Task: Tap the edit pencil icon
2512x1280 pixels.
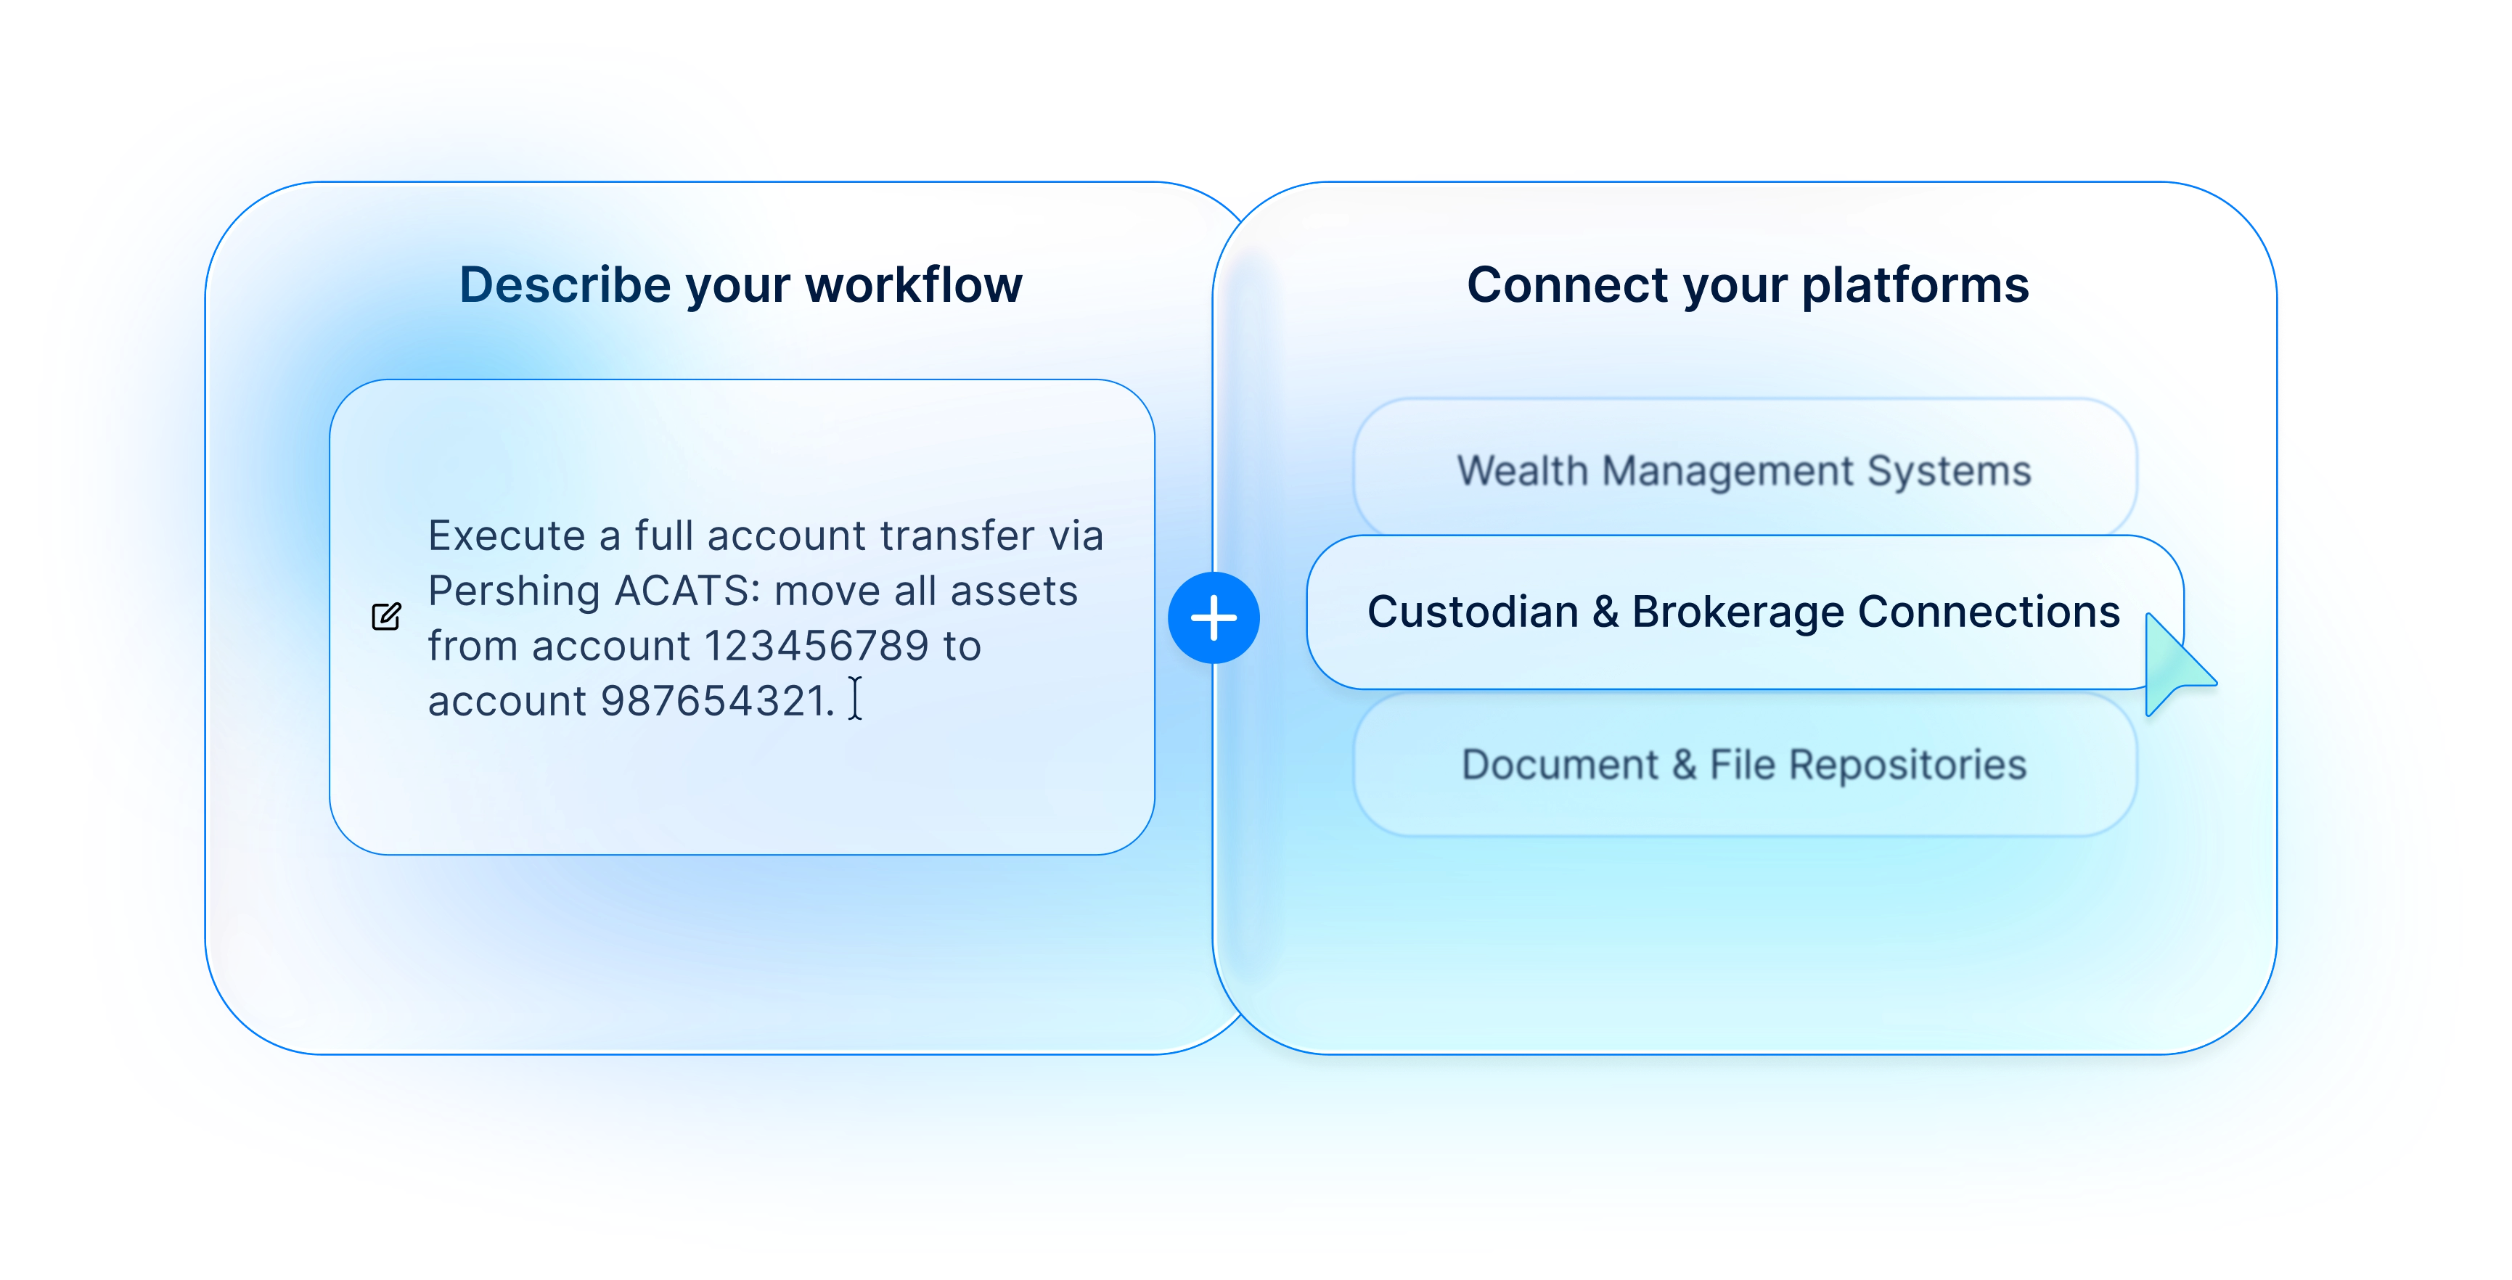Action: [386, 616]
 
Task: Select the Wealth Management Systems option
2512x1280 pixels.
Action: [1745, 470]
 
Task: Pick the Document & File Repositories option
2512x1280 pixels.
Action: [1745, 764]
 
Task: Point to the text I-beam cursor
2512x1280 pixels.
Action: [855, 699]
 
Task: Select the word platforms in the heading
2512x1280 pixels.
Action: [1915, 287]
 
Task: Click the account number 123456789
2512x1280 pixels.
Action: [817, 645]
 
